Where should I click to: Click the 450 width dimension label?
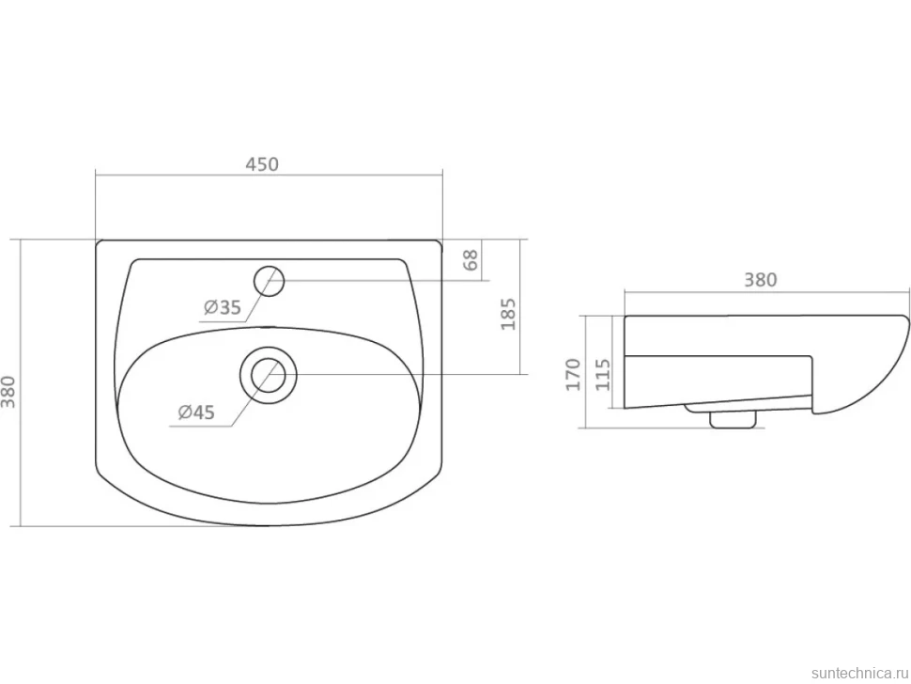point(261,164)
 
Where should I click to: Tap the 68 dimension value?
point(471,259)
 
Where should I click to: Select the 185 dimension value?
point(508,314)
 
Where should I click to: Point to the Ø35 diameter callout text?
point(222,307)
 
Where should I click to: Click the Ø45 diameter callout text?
point(195,412)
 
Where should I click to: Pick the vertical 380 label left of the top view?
point(8,391)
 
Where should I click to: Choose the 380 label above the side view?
point(761,280)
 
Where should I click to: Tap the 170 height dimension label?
point(574,374)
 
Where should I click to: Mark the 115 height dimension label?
point(603,374)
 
